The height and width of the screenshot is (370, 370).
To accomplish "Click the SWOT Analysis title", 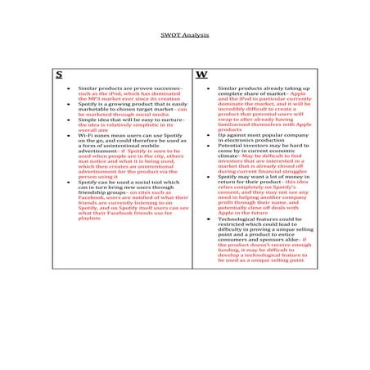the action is point(184,37).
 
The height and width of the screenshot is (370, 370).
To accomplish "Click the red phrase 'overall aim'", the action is point(92,129).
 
